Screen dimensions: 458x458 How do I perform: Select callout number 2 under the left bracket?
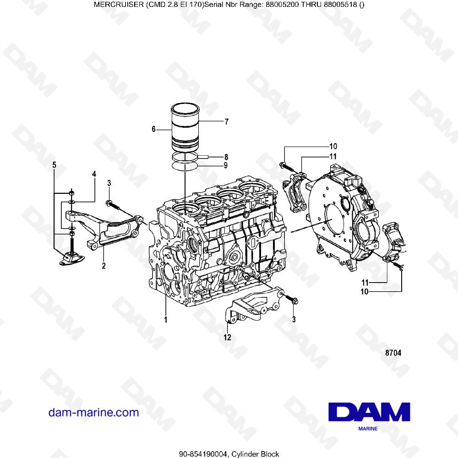pyautogui.click(x=104, y=265)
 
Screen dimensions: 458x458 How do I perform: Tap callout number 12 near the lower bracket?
pyautogui.click(x=227, y=338)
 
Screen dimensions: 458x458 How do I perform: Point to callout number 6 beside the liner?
pyautogui.click(x=154, y=130)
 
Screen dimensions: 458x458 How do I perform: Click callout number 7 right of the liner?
pyautogui.click(x=226, y=122)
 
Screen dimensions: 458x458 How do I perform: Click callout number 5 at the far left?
pyautogui.click(x=54, y=164)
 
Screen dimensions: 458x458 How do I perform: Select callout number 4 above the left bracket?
pyautogui.click(x=94, y=174)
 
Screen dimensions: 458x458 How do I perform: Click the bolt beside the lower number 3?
pyautogui.click(x=291, y=300)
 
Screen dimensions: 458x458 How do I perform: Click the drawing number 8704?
pyautogui.click(x=393, y=353)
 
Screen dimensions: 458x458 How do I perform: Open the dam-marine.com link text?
pyautogui.click(x=93, y=412)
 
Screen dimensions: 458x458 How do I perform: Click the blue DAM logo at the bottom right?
pyautogui.click(x=369, y=412)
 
